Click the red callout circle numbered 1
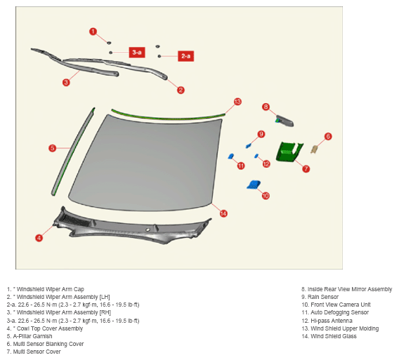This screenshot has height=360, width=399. (x=93, y=32)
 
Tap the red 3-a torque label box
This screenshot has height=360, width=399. (x=137, y=53)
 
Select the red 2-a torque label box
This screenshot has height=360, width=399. (x=185, y=56)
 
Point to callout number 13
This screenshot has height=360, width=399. (x=237, y=102)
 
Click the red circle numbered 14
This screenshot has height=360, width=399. (x=223, y=213)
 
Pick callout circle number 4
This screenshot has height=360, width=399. (x=39, y=238)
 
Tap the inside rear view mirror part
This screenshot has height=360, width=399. (x=284, y=121)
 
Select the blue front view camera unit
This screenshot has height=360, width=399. (x=254, y=185)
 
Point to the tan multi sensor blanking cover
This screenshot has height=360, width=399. (x=314, y=149)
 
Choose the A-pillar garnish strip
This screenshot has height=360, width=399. (x=73, y=152)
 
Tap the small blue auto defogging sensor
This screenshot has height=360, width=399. (x=231, y=156)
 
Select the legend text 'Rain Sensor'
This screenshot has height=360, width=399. (x=323, y=297)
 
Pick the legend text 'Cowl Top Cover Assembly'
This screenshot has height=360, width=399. (x=50, y=328)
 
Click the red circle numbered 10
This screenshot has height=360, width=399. (x=266, y=196)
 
